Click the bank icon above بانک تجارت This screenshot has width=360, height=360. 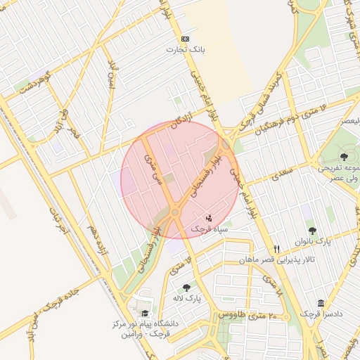coord(185,39)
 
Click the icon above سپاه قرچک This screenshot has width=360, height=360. coord(207,217)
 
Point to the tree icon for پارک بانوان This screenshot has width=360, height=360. coord(312,230)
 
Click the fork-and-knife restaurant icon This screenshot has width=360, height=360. coord(276,250)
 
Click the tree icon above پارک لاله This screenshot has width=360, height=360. coord(186,287)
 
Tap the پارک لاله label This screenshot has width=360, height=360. coord(187,298)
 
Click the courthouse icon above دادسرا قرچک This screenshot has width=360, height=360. coord(321,303)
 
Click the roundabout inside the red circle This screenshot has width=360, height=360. coord(175,212)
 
